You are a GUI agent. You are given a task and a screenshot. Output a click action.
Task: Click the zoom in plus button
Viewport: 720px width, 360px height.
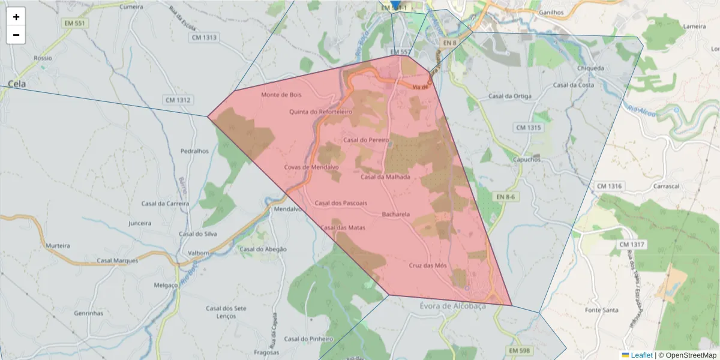(16, 17)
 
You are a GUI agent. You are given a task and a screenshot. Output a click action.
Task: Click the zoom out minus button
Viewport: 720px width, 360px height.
(16, 35)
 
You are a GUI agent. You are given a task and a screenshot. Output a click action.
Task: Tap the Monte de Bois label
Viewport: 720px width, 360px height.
(281, 95)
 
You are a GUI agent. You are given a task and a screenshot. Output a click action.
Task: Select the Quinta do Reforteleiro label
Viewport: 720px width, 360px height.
(320, 112)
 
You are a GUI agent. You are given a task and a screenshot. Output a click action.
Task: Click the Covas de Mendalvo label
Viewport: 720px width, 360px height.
(311, 167)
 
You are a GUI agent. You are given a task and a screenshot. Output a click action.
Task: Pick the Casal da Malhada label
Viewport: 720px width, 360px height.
(385, 177)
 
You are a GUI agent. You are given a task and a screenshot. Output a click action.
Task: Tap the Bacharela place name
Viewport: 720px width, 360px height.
(395, 214)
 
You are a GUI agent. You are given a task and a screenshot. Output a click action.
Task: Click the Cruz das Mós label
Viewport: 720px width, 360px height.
(428, 265)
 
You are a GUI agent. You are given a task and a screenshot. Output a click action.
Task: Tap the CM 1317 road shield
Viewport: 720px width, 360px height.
(632, 245)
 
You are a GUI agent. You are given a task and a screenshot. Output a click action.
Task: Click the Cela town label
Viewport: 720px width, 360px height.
(17, 84)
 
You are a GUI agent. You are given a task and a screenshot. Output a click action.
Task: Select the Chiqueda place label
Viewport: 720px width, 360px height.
(590, 68)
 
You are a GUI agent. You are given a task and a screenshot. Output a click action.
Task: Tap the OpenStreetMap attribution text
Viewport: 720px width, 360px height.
(690, 355)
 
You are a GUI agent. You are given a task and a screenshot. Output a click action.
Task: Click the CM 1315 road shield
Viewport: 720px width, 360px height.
(528, 128)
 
